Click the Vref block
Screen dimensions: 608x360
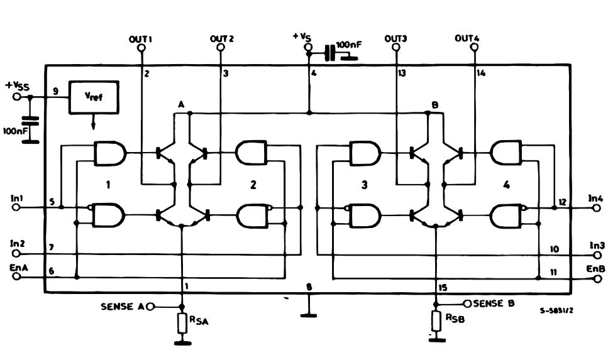click(x=94, y=97)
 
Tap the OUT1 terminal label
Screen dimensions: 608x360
click(x=140, y=39)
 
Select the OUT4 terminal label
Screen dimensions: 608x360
click(x=467, y=38)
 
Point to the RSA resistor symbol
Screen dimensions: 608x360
click(x=183, y=324)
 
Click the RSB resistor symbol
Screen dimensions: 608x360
click(x=436, y=320)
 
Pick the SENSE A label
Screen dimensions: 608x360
click(x=123, y=307)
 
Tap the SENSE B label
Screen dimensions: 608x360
click(x=494, y=303)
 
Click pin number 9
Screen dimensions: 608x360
click(x=56, y=92)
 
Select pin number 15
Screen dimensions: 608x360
click(x=443, y=288)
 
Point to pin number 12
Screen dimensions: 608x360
click(x=562, y=202)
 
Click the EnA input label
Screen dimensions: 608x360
click(x=19, y=268)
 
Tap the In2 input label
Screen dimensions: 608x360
click(x=18, y=244)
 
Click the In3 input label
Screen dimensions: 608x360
click(x=597, y=246)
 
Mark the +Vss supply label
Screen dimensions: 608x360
click(x=17, y=85)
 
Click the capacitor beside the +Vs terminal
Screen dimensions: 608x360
click(x=329, y=53)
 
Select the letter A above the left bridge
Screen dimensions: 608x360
click(x=181, y=104)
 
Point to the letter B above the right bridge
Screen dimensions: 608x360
click(x=435, y=105)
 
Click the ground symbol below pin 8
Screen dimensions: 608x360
click(x=309, y=315)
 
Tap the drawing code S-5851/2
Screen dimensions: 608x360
click(x=556, y=310)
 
